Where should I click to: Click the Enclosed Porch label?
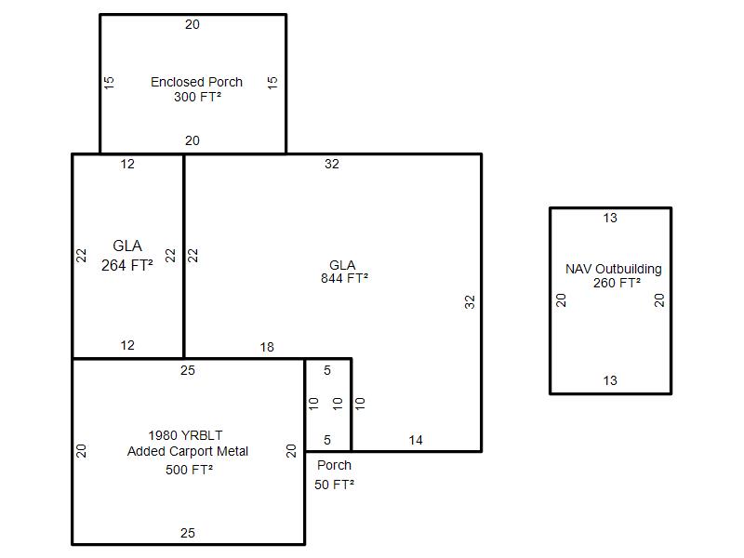pyautogui.click(x=196, y=82)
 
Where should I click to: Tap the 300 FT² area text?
pyautogui.click(x=197, y=97)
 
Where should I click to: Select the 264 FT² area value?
pyautogui.click(x=127, y=264)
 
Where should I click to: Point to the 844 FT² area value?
pyautogui.click(x=344, y=278)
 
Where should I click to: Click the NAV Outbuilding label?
pyautogui.click(x=614, y=269)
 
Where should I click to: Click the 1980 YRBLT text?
pyautogui.click(x=186, y=435)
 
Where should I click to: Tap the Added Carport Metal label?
pyautogui.click(x=188, y=451)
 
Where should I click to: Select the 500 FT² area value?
pyautogui.click(x=190, y=470)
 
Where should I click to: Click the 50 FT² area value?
pyautogui.click(x=334, y=485)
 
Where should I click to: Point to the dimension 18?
pyautogui.click(x=267, y=347)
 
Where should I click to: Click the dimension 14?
pyautogui.click(x=416, y=440)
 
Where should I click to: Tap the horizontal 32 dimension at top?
pyautogui.click(x=332, y=165)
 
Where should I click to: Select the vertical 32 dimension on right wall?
pyautogui.click(x=470, y=301)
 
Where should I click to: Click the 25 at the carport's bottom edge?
pyautogui.click(x=188, y=533)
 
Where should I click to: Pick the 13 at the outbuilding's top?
pyautogui.click(x=610, y=219)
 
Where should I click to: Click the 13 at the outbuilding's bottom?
pyautogui.click(x=610, y=380)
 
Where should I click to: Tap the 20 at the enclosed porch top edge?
pyautogui.click(x=192, y=25)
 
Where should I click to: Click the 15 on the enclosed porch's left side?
pyautogui.click(x=109, y=82)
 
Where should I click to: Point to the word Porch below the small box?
pyautogui.click(x=335, y=465)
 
